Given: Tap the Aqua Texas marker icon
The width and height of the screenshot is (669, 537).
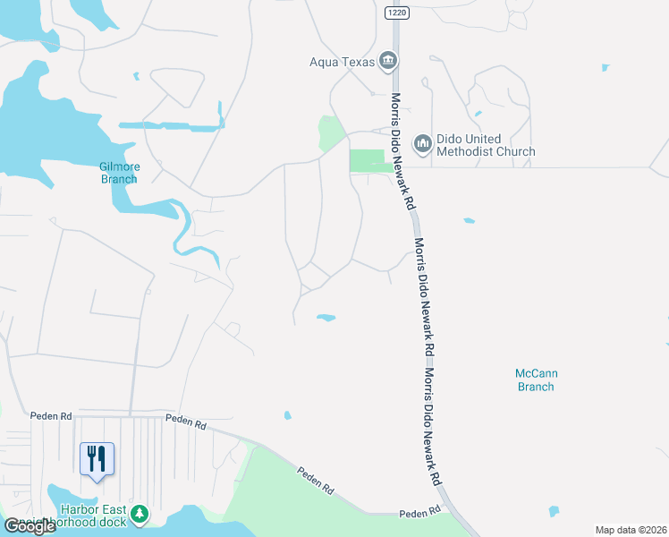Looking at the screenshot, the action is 388,61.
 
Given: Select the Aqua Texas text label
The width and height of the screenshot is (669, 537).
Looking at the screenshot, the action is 340,62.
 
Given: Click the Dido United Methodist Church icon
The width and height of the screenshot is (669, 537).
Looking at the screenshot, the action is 421,142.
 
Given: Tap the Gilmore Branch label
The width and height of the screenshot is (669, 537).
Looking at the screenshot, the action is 118,172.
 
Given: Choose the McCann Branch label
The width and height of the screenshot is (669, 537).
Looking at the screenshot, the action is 536,379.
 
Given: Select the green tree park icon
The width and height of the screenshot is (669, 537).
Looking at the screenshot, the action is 139,513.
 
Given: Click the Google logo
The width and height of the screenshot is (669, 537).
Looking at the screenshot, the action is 30,525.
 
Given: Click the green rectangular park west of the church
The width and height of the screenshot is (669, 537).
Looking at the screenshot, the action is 369,160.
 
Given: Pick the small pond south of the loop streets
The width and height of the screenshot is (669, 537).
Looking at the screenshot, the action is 326,317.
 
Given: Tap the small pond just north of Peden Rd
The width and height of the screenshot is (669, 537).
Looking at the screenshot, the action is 286,415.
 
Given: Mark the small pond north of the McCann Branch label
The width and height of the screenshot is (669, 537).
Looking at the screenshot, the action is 469,220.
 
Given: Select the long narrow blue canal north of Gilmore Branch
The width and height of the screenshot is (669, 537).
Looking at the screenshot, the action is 170,125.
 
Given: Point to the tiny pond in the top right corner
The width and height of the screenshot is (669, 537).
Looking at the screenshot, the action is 605,67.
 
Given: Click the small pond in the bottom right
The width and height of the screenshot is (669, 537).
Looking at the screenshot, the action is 554,512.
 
